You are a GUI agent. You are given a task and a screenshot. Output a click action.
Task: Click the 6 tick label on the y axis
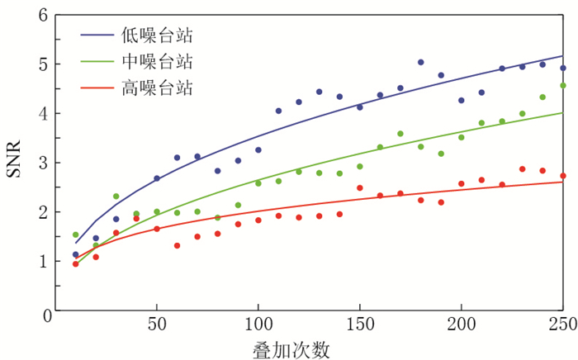click(43, 15)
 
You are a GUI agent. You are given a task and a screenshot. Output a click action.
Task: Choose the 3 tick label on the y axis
click(43, 163)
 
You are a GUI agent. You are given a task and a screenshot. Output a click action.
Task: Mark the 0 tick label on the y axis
click(43, 311)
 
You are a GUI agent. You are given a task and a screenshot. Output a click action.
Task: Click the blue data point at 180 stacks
click(420, 62)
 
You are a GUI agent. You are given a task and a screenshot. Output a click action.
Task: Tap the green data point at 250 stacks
click(563, 85)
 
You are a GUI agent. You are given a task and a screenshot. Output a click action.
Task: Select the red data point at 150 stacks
click(360, 187)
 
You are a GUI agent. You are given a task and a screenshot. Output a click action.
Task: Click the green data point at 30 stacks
click(116, 197)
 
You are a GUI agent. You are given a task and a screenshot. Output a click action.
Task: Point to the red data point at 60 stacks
click(177, 245)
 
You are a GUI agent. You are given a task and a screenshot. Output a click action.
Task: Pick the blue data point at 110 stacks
click(278, 111)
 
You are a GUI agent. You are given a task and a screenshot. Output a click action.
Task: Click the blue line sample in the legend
click(97, 35)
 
